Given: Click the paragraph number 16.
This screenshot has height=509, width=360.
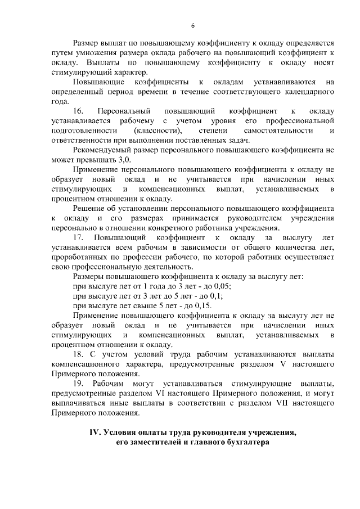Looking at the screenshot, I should (78, 111).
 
